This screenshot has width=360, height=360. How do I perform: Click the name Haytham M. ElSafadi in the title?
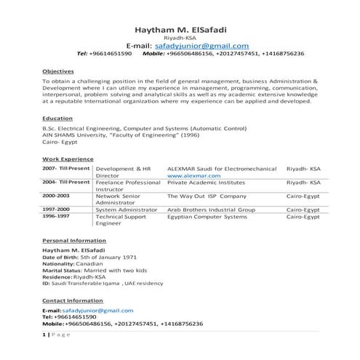(180, 30)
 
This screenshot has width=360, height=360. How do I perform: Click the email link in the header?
(202, 45)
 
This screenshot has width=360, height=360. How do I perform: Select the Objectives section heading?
(58, 71)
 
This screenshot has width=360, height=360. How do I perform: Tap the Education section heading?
(57, 117)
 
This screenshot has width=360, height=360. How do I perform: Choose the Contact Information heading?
(72, 300)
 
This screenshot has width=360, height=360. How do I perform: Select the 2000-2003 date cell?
(57, 196)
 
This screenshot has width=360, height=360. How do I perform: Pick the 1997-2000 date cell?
(57, 209)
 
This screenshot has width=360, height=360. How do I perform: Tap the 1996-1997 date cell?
(57, 217)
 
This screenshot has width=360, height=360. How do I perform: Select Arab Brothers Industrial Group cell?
(211, 209)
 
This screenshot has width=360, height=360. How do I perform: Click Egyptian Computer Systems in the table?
(207, 217)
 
